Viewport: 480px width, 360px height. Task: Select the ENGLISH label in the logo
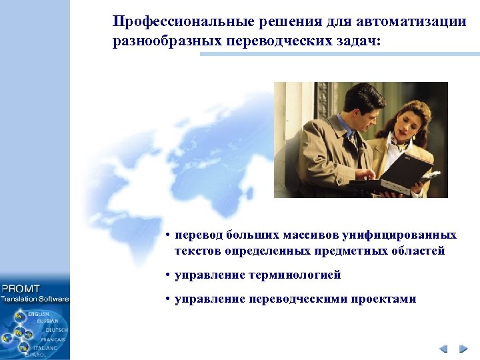[39, 313]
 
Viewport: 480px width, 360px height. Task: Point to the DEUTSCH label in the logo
[57, 330]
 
